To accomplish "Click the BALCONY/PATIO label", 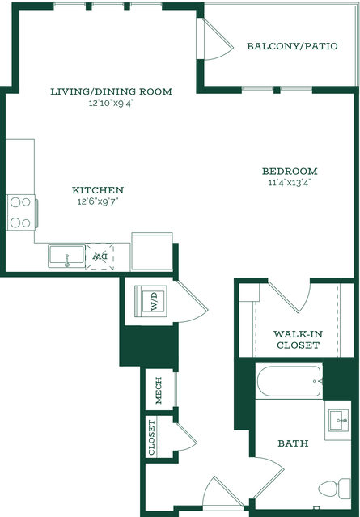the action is (x=292, y=46).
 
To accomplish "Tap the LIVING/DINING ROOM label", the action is (x=112, y=91).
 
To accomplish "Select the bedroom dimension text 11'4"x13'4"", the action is (x=290, y=182).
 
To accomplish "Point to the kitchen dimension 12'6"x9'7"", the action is (x=98, y=201).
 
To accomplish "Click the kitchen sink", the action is (x=66, y=256).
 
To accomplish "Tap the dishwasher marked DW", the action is (x=100, y=256).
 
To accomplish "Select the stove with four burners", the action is (x=22, y=212).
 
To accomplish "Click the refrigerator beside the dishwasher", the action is (x=152, y=252).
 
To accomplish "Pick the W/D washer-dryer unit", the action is (x=150, y=301).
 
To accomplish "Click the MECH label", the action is (x=159, y=391).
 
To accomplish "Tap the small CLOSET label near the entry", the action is (x=151, y=437).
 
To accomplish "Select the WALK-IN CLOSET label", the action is (x=298, y=340).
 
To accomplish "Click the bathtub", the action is (x=289, y=382).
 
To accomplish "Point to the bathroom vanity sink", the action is (x=338, y=421).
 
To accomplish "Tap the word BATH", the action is (x=293, y=443).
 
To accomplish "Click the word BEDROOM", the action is (x=290, y=172).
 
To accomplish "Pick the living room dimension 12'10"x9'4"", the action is (x=112, y=104).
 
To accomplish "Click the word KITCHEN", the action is (x=98, y=190).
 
